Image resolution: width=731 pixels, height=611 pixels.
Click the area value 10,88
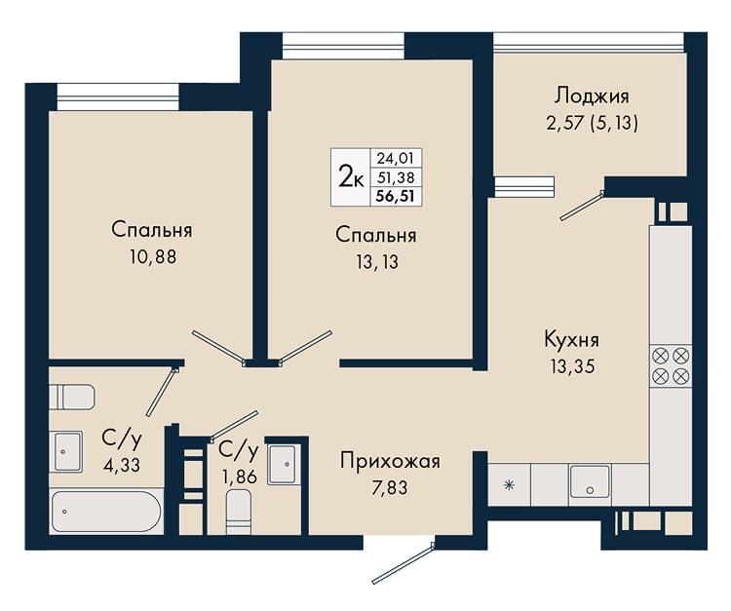(x=153, y=257)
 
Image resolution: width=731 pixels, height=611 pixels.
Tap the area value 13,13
(x=377, y=262)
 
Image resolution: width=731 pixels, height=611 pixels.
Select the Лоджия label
(x=592, y=96)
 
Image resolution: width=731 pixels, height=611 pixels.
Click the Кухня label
(x=571, y=340)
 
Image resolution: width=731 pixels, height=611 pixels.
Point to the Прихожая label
(x=390, y=461)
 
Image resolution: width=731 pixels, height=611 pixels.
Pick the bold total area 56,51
(x=396, y=196)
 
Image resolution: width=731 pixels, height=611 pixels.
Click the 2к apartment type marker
(x=351, y=177)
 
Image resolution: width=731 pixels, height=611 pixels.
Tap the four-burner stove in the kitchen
(x=672, y=365)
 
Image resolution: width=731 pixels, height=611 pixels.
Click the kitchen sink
(x=590, y=481)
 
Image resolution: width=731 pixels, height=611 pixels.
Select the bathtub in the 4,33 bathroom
(x=106, y=512)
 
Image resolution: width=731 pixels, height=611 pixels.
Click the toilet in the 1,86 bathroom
(x=239, y=514)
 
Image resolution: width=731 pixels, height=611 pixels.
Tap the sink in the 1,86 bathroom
(x=282, y=465)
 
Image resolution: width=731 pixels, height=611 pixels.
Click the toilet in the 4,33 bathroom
(x=72, y=397)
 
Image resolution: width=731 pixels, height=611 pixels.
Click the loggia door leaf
(x=581, y=206)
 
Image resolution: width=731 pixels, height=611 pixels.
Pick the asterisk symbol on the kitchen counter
(x=509, y=485)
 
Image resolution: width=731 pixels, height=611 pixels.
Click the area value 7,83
(x=390, y=488)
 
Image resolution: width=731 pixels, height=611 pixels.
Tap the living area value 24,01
(x=396, y=159)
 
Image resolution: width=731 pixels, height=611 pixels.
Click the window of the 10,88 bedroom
(x=118, y=96)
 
